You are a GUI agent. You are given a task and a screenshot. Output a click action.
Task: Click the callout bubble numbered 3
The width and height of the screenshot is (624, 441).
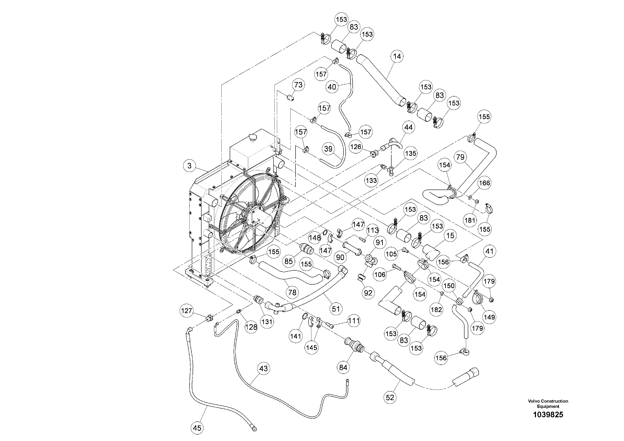click(x=189, y=166)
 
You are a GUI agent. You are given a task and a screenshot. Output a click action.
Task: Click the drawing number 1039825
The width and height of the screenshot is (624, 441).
click(x=548, y=415)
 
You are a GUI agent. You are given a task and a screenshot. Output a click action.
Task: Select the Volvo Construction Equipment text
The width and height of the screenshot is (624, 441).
click(x=548, y=403)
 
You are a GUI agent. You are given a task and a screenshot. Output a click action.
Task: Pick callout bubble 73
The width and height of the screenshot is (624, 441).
click(x=298, y=85)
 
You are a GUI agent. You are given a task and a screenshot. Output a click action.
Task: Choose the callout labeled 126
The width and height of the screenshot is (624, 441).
click(x=356, y=147)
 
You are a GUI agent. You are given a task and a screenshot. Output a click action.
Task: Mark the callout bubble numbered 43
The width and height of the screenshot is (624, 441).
click(x=263, y=368)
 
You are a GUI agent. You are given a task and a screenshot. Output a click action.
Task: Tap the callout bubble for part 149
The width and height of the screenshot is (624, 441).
click(x=489, y=317)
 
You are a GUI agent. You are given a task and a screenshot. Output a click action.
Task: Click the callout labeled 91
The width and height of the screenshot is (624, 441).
click(x=379, y=242)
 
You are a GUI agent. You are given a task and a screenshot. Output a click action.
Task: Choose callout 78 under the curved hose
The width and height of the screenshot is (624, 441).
click(x=292, y=292)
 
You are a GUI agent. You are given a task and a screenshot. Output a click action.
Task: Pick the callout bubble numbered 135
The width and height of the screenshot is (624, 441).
click(x=410, y=153)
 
